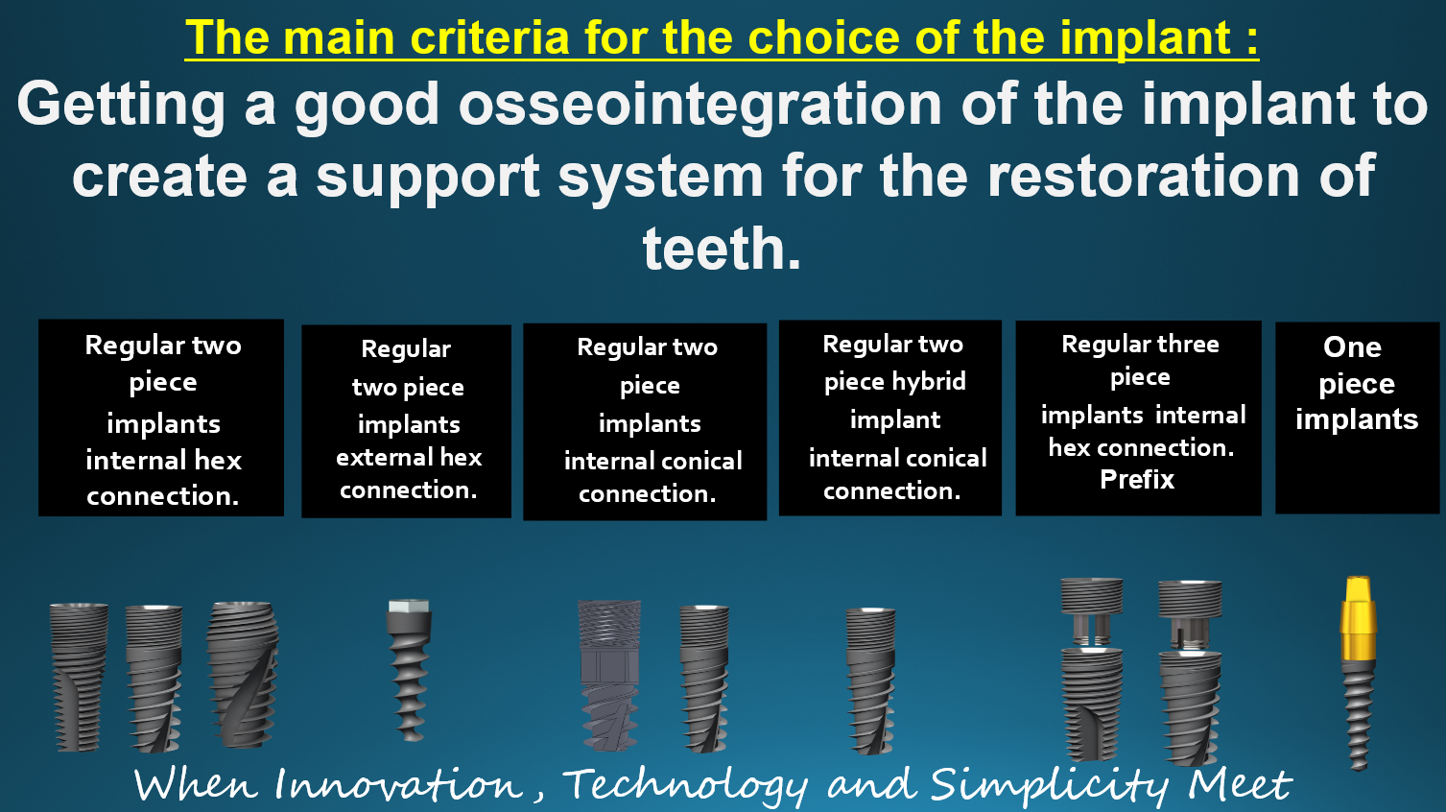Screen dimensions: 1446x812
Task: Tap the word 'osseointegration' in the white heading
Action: click(x=699, y=105)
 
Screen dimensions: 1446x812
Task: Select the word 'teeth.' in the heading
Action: click(x=722, y=248)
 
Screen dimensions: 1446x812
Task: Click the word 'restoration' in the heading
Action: click(x=1143, y=176)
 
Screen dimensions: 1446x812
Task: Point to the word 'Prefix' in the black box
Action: click(x=1137, y=479)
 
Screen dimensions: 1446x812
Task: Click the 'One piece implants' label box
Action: click(x=1356, y=417)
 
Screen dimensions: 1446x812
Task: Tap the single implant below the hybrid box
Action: click(x=871, y=681)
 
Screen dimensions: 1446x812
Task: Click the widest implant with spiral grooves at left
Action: click(x=243, y=675)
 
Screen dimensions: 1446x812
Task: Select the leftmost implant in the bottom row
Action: click(x=79, y=677)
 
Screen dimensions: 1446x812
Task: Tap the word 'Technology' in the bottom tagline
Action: click(x=684, y=785)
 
